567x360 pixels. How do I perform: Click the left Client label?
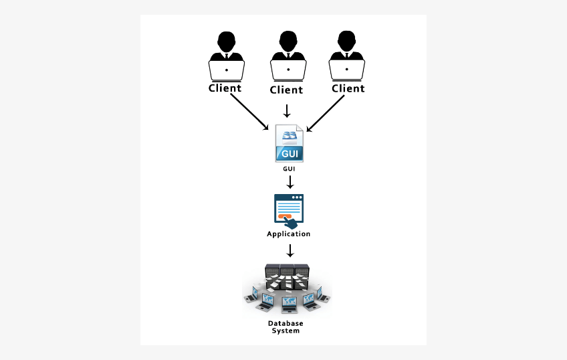[225, 88]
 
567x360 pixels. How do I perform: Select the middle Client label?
[286, 90]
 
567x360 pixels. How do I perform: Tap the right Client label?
[348, 88]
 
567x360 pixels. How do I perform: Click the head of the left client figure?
[226, 39]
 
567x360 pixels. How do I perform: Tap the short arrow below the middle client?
[287, 110]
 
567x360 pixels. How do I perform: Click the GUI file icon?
[290, 143]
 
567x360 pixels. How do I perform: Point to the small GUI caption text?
[290, 169]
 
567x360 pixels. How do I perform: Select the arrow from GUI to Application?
[290, 182]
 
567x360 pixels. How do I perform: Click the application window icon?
[288, 209]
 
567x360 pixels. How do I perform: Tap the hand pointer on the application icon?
[290, 222]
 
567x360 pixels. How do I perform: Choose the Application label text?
[289, 234]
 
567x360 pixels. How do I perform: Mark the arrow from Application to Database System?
[290, 251]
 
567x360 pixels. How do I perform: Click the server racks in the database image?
[287, 274]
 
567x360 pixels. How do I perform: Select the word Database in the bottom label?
[286, 323]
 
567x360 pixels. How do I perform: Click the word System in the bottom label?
[286, 331]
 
